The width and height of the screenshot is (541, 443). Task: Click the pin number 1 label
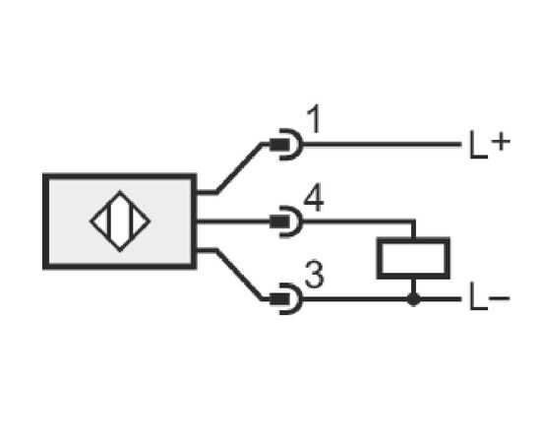315,119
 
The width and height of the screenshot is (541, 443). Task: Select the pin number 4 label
314,198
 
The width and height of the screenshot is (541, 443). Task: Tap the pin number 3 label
315,275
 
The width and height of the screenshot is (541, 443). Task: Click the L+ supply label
490,145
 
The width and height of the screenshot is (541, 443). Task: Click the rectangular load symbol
413,258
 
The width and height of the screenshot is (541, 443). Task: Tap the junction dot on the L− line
413,299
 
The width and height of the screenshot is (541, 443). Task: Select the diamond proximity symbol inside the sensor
120,221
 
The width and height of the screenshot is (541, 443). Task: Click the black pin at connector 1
279,145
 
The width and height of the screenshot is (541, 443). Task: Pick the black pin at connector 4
279,221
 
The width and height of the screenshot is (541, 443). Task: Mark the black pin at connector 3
279,299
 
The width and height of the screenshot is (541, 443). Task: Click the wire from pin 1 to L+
383,145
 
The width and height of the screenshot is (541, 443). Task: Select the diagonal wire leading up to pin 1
239,167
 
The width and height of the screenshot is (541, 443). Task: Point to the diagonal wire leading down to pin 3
239,275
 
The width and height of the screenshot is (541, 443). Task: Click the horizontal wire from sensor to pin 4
233,221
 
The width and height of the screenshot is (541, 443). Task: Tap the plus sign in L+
501,142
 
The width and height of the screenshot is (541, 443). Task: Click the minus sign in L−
500,297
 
